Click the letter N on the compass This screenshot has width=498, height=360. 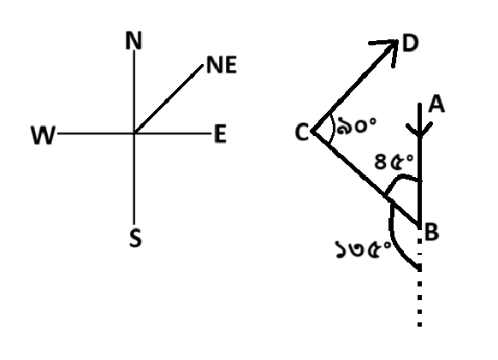click(133, 40)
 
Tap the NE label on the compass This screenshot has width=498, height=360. click(222, 65)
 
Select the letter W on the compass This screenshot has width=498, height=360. click(43, 135)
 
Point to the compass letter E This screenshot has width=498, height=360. click(221, 133)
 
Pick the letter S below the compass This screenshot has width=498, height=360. click(135, 238)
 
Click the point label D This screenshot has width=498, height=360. click(411, 43)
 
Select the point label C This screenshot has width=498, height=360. click(302, 132)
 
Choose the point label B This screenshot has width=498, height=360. click(431, 232)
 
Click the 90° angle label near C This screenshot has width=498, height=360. click(356, 126)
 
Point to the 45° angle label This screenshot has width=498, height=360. click(394, 162)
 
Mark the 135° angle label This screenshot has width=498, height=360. click(363, 249)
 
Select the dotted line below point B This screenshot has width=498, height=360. click(419, 282)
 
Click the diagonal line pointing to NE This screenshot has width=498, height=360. click(169, 98)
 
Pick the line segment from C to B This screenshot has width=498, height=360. click(366, 178)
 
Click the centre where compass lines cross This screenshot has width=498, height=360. click(134, 133)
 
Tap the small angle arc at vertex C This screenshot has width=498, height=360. click(333, 129)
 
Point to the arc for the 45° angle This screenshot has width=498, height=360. click(400, 177)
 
